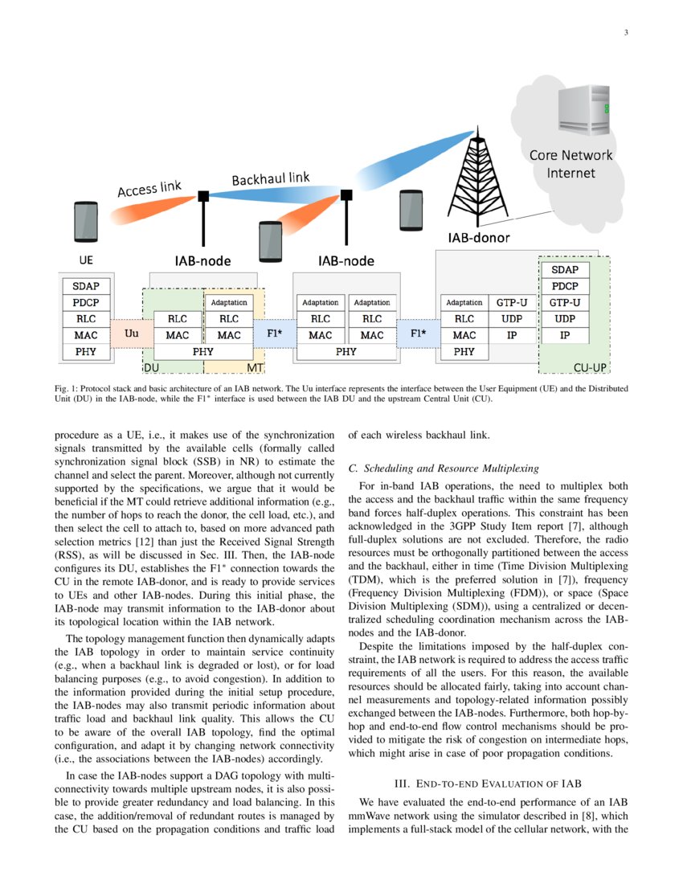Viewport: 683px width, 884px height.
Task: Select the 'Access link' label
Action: (x=149, y=190)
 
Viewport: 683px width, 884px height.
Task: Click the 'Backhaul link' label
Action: (x=270, y=178)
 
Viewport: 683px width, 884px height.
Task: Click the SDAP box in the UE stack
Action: (x=86, y=286)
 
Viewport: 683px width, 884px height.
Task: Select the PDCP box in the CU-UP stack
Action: (x=564, y=286)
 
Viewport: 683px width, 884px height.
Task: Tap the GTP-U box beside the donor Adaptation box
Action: (x=512, y=303)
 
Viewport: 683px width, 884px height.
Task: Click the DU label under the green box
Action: (x=152, y=367)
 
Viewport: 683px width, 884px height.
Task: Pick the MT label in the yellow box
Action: (x=255, y=367)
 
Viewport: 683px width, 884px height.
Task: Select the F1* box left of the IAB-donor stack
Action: (x=418, y=332)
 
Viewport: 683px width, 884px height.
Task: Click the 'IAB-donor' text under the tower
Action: (x=479, y=238)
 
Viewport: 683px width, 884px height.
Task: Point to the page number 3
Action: (x=625, y=33)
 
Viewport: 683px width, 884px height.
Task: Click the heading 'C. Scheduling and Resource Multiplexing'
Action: (x=444, y=468)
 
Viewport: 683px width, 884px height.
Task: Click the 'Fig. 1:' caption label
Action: (x=67, y=388)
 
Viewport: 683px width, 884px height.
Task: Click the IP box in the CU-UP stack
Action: (x=564, y=335)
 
